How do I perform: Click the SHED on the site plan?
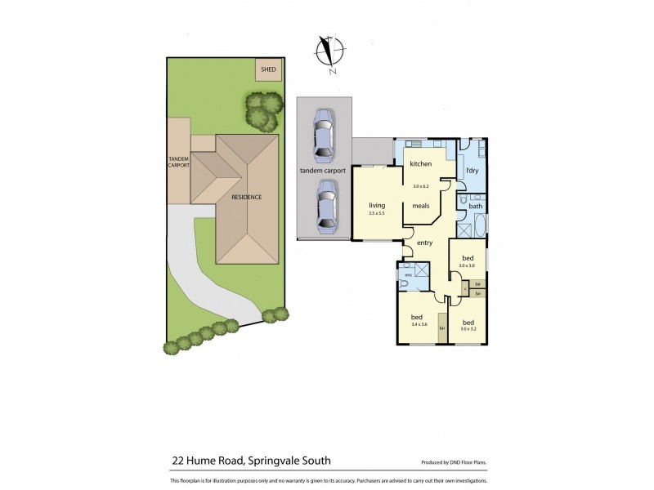[268, 70]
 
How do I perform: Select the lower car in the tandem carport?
[326, 203]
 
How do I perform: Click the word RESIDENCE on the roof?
[246, 198]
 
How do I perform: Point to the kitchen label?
[421, 164]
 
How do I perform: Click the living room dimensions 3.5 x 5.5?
[376, 213]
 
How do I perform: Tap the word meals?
[421, 206]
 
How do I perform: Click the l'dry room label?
[472, 171]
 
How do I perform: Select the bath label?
[475, 206]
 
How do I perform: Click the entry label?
[424, 243]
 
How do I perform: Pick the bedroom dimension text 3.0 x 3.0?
[467, 265]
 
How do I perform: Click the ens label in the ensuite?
[408, 275]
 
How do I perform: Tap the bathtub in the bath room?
[476, 226]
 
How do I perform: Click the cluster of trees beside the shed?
[262, 111]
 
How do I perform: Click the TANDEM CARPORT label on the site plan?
[178, 162]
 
